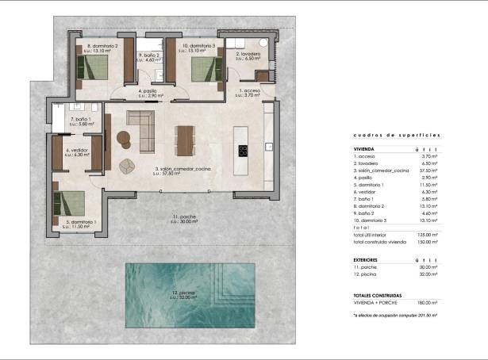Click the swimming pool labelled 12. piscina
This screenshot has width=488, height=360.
[190, 295]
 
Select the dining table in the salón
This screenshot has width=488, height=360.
[185, 140]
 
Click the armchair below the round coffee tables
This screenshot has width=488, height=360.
[126, 166]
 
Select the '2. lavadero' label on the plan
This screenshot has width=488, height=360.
[248, 56]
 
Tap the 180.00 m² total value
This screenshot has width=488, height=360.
[428, 302]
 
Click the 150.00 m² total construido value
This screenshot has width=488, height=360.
[428, 242]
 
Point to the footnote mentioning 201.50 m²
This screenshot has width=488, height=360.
[395, 315]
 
